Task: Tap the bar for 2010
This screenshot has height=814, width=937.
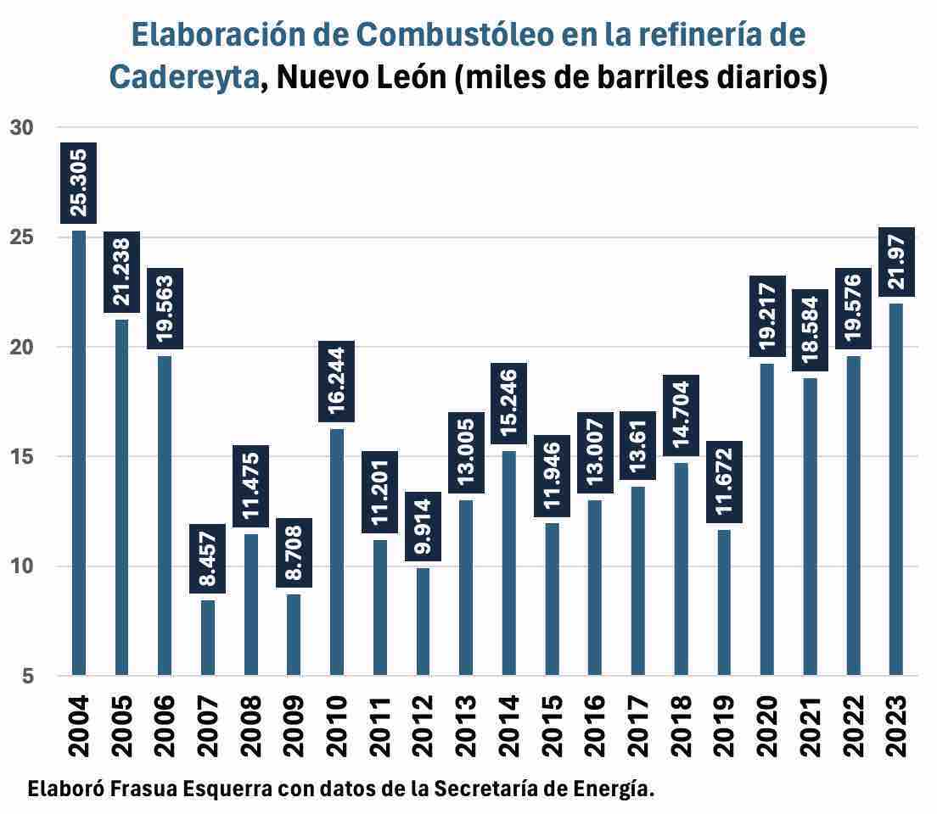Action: tap(337, 552)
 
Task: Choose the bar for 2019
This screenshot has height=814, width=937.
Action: tap(724, 602)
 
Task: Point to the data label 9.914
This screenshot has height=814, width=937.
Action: tap(424, 527)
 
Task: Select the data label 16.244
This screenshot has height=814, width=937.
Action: tap(337, 381)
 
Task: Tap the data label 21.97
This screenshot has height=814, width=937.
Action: tap(895, 262)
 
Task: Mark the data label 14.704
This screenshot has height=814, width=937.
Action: tap(681, 415)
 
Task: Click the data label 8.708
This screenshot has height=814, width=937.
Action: tap(294, 553)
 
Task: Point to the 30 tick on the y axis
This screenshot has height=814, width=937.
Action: tap(21, 128)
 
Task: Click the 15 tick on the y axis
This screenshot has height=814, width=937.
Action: tap(21, 457)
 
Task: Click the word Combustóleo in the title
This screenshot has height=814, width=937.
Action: tap(451, 36)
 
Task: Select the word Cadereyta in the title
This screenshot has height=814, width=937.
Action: tap(184, 77)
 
